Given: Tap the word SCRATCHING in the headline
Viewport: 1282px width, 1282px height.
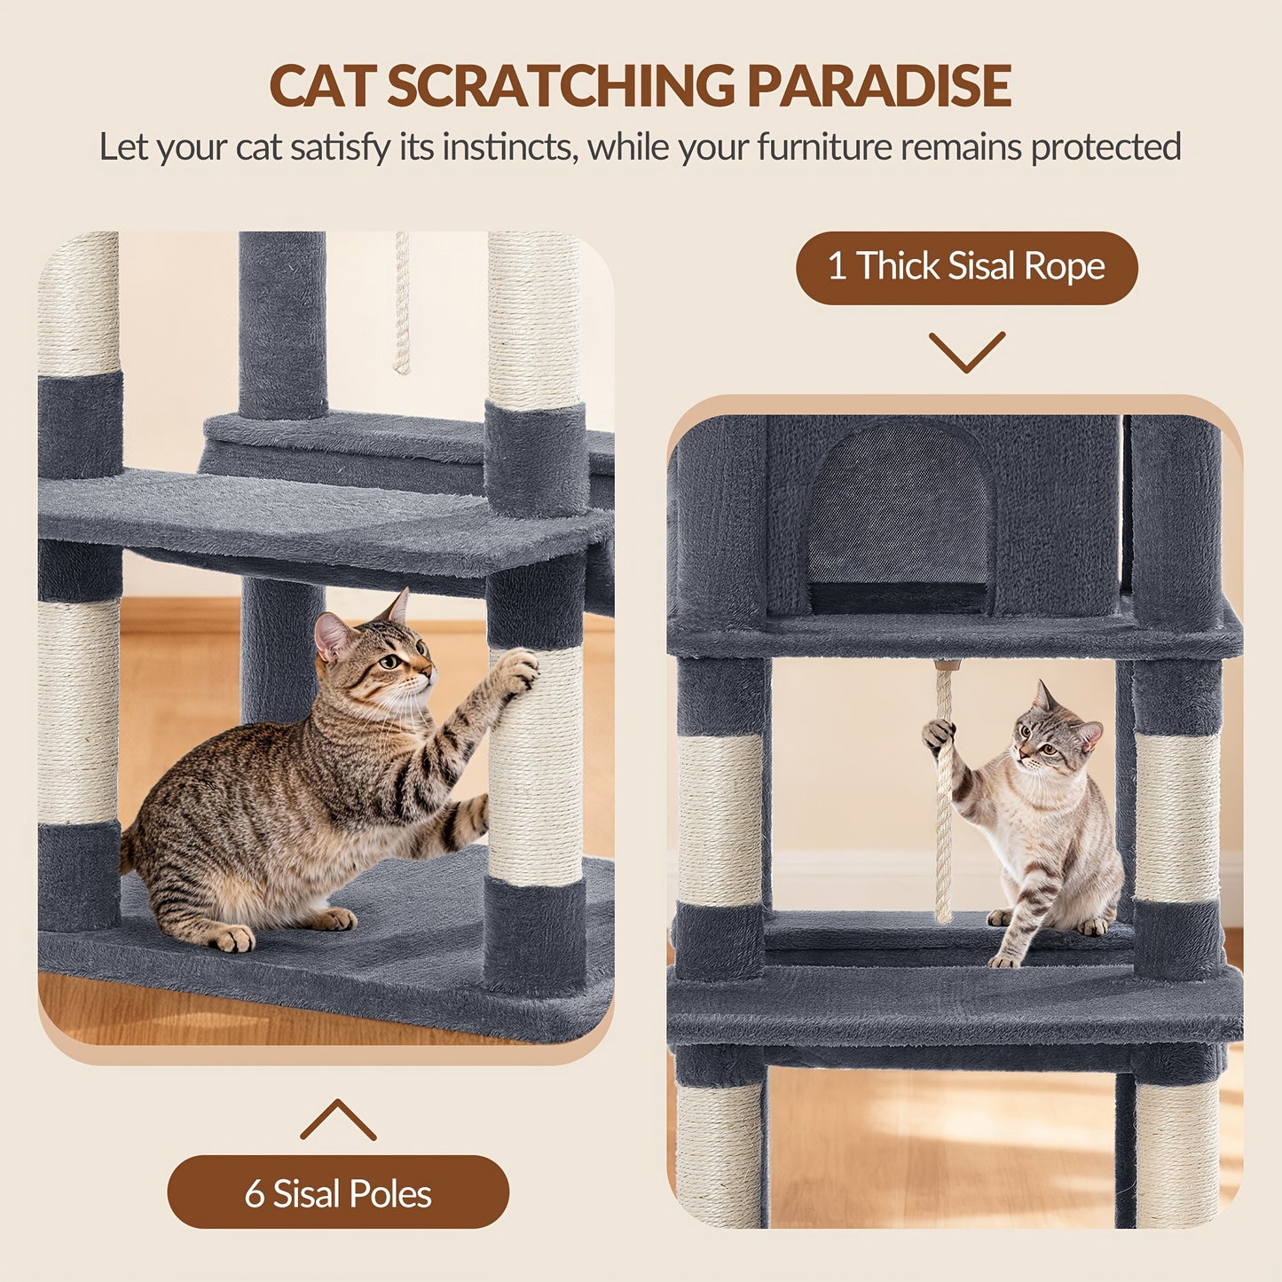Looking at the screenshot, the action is click(x=560, y=86).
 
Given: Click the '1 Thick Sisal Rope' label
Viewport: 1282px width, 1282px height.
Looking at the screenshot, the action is click(x=966, y=267).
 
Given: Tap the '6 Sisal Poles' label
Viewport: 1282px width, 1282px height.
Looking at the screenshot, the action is click(x=338, y=1193).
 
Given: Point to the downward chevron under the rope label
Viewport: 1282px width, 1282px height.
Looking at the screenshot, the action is click(x=967, y=352).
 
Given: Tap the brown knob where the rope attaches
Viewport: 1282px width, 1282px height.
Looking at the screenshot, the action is click(x=944, y=665).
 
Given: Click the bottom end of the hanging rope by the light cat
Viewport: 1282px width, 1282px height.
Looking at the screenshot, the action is click(x=943, y=917).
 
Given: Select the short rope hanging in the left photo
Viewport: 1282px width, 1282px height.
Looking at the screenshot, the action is click(x=402, y=303).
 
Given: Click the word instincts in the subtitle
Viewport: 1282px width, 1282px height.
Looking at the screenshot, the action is click(x=507, y=147).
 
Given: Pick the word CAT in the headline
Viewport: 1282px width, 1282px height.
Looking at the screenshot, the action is click(x=323, y=86).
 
